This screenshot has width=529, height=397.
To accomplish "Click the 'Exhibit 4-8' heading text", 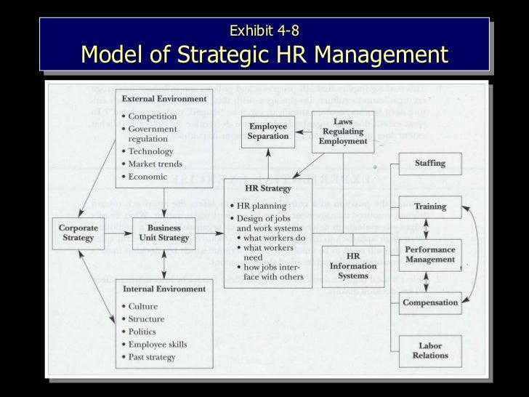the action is (264, 31).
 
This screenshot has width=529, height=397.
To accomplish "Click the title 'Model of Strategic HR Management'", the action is (264, 55).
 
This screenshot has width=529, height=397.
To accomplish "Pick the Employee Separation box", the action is (268, 132).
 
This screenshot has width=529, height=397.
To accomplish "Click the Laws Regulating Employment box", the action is (343, 132).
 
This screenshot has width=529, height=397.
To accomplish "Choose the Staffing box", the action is (430, 164).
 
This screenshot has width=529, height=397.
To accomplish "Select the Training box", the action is (430, 206).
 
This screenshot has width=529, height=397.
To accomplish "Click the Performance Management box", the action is (430, 254).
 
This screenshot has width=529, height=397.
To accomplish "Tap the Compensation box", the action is (430, 302).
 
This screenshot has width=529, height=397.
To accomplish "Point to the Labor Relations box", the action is (430, 350).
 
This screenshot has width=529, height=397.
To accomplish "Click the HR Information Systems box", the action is (353, 266).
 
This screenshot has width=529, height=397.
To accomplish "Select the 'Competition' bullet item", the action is (153, 116).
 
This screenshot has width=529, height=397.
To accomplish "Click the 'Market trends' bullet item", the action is (156, 164).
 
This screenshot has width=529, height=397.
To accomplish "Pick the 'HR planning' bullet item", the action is (263, 206).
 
